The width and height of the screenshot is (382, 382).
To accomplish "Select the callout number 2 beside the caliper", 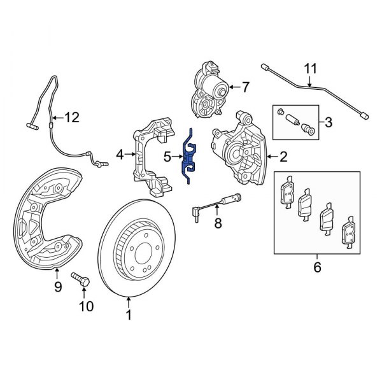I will pos(283,155).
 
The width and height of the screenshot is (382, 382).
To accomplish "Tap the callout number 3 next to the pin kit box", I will pos(328,122).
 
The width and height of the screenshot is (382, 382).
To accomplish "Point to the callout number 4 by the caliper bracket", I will pos(120,154).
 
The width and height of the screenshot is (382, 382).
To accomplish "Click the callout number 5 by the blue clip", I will pos(167,156).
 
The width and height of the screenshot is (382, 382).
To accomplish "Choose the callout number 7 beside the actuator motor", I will pos(246,86).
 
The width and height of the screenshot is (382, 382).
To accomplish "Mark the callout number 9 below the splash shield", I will pos(57,287).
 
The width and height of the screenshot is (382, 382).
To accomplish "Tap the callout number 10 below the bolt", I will pos(86,307).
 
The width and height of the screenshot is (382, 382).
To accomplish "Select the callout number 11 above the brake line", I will pos(310,69).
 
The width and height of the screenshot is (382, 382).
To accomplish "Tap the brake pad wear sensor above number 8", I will pos(216,202).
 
